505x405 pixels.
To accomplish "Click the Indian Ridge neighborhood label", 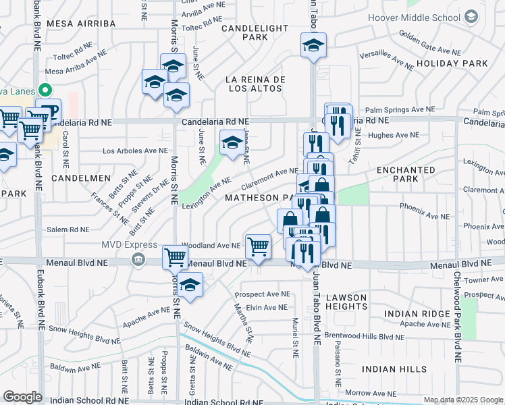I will coord(417,314).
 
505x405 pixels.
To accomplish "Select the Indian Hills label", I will coord(394,369).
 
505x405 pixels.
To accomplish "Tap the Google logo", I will coord(22,396).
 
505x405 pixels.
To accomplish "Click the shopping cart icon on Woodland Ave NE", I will coord(258,246).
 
